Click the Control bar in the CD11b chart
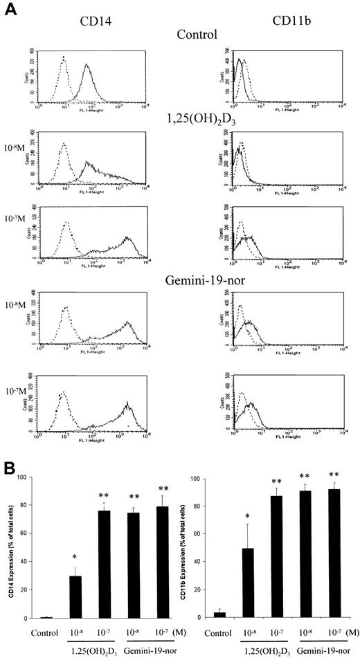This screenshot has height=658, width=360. [x=219, y=614]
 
